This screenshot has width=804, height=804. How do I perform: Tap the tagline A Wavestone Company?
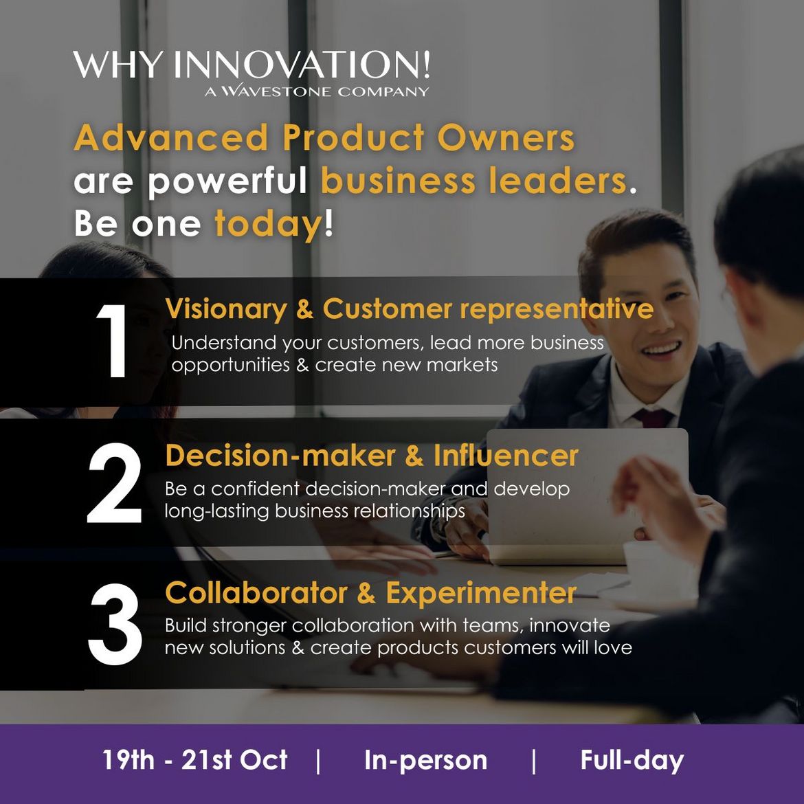pyautogui.click(x=316, y=91)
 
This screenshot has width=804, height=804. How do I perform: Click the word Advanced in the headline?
pyautogui.click(x=171, y=137)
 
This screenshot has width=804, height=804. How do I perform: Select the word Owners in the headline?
pyautogui.click(x=506, y=137)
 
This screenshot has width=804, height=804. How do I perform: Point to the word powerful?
pyautogui.click(x=227, y=181)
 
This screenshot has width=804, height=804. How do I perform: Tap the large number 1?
pyautogui.click(x=112, y=340)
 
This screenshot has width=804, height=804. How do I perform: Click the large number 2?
pyautogui.click(x=114, y=483)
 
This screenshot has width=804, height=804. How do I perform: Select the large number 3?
pyautogui.click(x=115, y=625)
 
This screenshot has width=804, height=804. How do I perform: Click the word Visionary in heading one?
pyautogui.click(x=226, y=310)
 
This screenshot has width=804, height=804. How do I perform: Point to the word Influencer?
pyautogui.click(x=506, y=455)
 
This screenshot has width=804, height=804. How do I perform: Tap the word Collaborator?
pyautogui.click(x=256, y=593)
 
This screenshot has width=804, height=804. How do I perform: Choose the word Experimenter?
pyautogui.click(x=481, y=594)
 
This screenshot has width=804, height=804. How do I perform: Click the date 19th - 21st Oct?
pyautogui.click(x=195, y=759)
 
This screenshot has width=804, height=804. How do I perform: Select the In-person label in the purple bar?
pyautogui.click(x=425, y=761)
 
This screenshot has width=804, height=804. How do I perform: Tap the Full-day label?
pyautogui.click(x=632, y=761)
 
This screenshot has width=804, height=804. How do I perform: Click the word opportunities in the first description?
pyautogui.click(x=223, y=365)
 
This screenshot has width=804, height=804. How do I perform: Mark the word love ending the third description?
pyautogui.click(x=613, y=647)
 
